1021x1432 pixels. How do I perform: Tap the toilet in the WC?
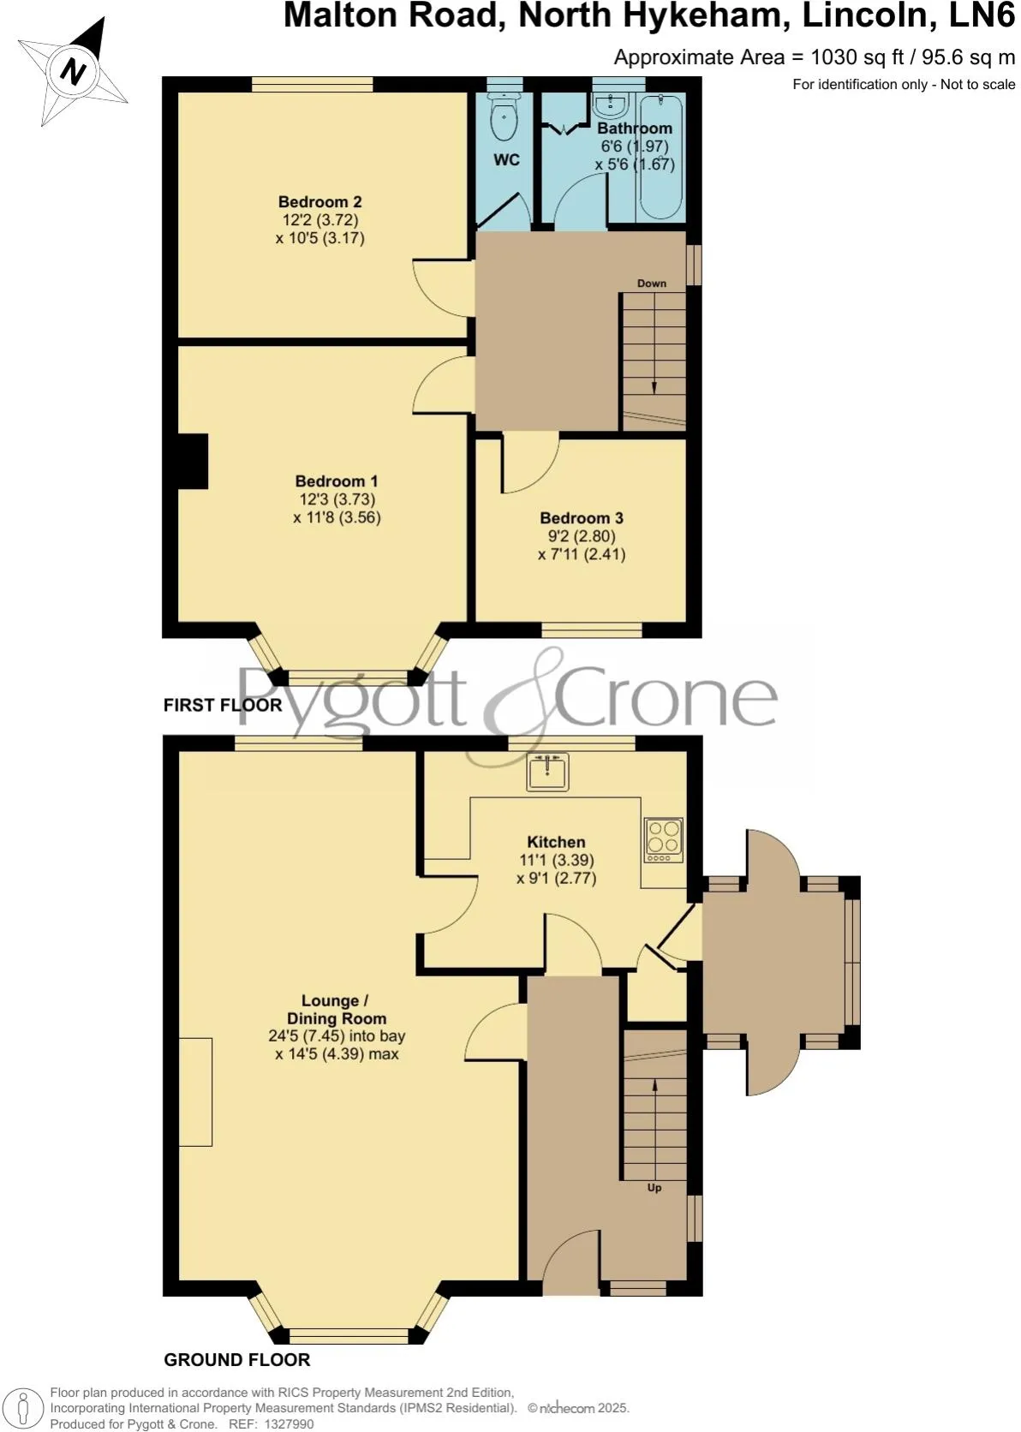(505, 118)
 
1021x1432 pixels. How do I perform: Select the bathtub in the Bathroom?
(661, 158)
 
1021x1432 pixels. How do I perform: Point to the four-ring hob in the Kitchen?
(665, 840)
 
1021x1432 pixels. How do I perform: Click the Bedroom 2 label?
(319, 202)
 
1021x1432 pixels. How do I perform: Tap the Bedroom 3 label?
(581, 518)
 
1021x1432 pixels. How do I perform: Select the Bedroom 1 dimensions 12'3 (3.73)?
(337, 499)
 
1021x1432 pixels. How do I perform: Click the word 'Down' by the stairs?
(652, 283)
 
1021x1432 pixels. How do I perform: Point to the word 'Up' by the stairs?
(654, 1188)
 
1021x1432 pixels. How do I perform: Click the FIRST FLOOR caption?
(223, 705)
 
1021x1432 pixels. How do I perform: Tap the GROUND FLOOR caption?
(237, 1359)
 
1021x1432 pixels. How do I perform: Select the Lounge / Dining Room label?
(336, 1010)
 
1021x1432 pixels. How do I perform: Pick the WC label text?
(506, 160)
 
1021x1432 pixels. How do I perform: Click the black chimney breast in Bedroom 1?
(194, 462)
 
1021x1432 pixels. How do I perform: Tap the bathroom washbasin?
(612, 104)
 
